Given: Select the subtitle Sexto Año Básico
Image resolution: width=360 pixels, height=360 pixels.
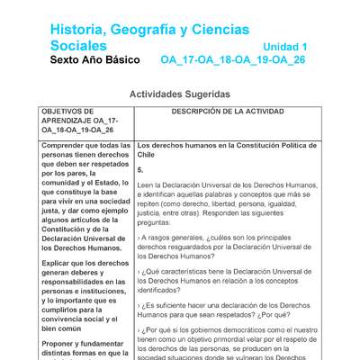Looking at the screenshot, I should [x=95, y=60].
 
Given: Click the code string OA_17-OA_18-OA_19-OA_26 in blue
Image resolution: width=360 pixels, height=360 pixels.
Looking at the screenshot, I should [x=233, y=60].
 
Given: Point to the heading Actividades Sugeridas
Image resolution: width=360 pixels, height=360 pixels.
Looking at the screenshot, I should [x=180, y=94].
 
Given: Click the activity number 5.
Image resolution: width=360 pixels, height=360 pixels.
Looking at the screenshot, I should [x=140, y=169].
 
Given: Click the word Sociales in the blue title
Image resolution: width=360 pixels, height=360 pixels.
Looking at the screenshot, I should [x=78, y=45].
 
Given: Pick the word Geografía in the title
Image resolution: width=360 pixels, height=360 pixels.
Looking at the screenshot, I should [x=157, y=29].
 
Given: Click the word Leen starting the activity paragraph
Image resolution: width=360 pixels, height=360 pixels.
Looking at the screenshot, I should [x=146, y=184].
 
